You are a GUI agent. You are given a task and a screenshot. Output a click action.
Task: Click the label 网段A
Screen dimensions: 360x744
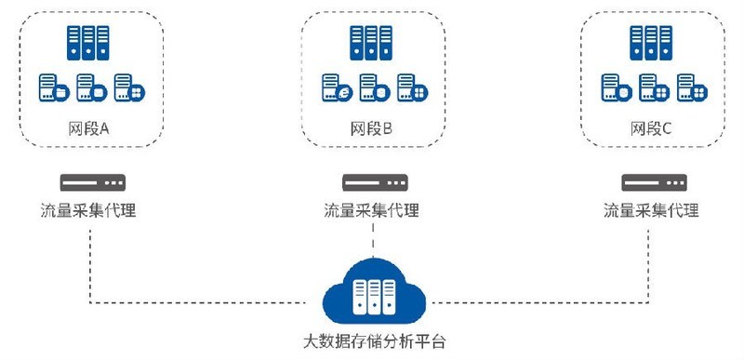(89, 127)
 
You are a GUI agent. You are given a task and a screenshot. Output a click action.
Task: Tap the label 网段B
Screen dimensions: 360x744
(372, 127)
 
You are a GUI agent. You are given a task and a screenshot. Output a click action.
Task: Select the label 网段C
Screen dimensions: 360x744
(651, 127)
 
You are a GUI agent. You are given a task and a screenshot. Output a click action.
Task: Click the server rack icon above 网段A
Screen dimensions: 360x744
(89, 44)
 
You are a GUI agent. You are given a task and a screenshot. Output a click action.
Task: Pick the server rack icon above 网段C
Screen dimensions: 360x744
(651, 44)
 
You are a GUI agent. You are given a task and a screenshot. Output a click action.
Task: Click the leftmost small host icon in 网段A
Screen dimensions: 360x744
(53, 88)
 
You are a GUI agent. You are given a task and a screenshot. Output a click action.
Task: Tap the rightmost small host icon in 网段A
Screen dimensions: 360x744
(128, 88)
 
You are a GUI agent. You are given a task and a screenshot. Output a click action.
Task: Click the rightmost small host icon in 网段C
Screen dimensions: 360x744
(690, 88)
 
